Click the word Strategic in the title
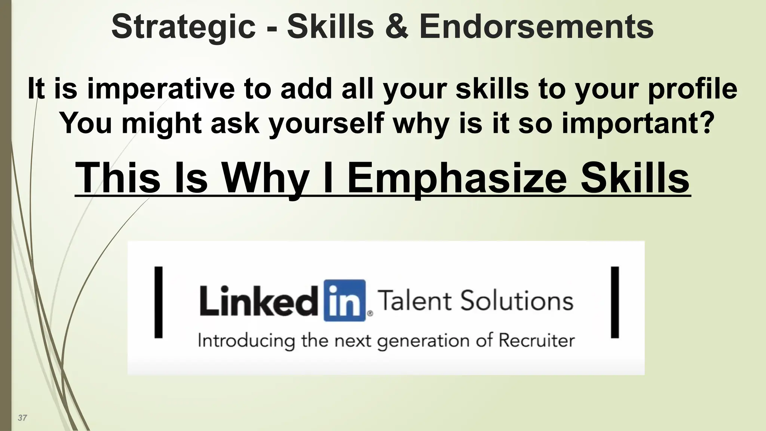[183, 27]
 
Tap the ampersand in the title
[396, 27]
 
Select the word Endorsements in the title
[536, 27]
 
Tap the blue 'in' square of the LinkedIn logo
[344, 300]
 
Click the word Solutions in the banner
[517, 301]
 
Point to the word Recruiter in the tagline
[537, 341]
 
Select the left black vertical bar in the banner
[159, 302]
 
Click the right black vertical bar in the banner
[615, 302]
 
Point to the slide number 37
[22, 418]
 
